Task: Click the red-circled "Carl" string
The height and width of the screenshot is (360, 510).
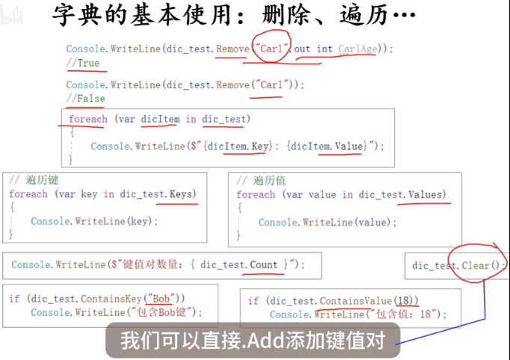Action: (x=271, y=49)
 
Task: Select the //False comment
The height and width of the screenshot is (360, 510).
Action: (x=85, y=98)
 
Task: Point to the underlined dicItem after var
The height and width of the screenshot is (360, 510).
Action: (x=159, y=119)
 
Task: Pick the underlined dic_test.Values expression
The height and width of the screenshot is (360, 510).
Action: (x=401, y=195)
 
